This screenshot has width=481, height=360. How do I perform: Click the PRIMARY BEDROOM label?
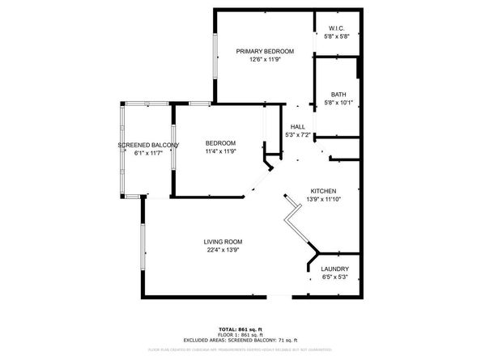click(265, 51)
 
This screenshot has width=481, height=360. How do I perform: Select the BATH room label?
click(338, 94)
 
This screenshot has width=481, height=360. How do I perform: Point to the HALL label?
click(298, 126)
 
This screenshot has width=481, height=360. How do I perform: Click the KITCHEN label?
click(321, 191)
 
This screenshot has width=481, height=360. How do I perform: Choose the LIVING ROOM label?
click(223, 242)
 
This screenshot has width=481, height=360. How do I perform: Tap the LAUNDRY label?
click(334, 269)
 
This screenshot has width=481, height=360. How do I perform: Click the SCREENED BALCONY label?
click(147, 145)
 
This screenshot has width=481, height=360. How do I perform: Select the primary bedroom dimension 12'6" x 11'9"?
click(265, 59)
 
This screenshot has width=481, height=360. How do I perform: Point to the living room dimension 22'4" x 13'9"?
click(223, 250)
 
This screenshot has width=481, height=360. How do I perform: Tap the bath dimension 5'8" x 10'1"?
click(338, 102)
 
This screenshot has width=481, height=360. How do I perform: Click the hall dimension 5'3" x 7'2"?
click(298, 134)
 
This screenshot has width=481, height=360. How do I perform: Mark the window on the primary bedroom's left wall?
click(215, 60)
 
